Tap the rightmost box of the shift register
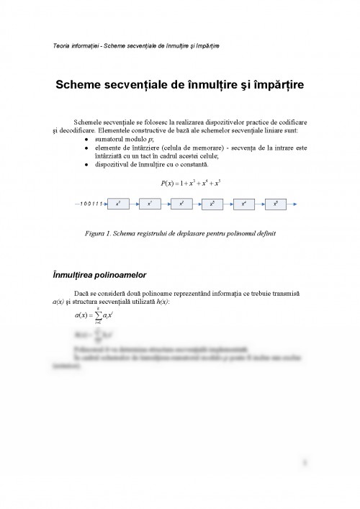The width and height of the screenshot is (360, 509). pyautogui.click(x=276, y=204)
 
